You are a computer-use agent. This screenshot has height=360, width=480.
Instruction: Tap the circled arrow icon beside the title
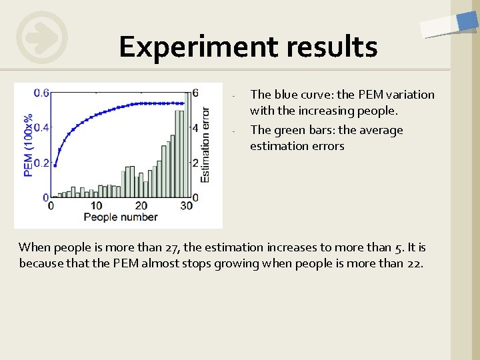tap(42, 37)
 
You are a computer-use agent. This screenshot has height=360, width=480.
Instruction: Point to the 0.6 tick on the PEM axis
tap(41, 93)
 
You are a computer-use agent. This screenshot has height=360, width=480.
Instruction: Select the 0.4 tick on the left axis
tap(41, 127)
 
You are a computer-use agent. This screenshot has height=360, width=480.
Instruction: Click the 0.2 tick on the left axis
tap(41, 163)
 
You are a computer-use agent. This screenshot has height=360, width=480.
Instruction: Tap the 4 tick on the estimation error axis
tap(195, 127)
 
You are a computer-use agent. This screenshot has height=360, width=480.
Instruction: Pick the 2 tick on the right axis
tap(195, 163)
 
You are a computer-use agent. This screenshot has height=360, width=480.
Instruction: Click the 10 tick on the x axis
tap(97, 206)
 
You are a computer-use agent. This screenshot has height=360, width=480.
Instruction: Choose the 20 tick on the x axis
tap(141, 206)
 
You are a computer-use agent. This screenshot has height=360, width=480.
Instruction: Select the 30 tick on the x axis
tap(186, 206)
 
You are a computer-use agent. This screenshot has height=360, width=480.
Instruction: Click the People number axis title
tap(121, 217)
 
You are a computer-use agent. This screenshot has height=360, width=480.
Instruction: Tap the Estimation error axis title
tap(205, 145)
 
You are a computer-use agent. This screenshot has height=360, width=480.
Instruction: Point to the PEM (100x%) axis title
tap(29, 145)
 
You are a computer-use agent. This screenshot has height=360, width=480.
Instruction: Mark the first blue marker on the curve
tap(55, 166)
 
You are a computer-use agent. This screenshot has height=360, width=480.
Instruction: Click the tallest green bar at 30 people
tap(186, 143)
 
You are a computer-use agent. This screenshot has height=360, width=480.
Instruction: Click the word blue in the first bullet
tap(285, 95)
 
